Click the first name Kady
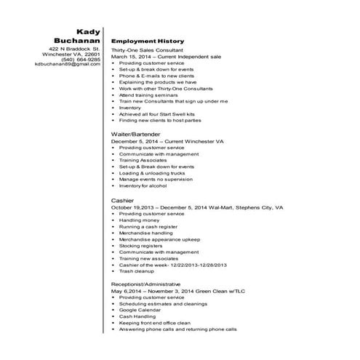click(87, 28)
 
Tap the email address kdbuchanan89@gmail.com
click(68, 65)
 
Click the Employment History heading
click(148, 41)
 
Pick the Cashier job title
click(122, 199)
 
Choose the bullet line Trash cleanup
click(138, 271)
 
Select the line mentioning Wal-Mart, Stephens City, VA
click(196, 207)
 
